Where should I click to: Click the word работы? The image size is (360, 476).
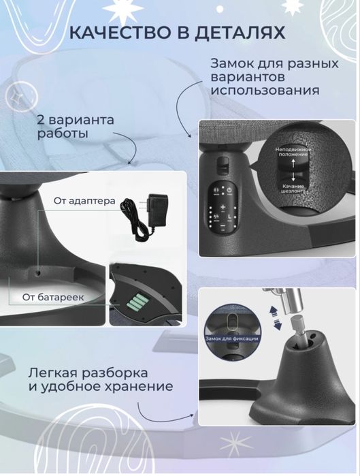point(63,135)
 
